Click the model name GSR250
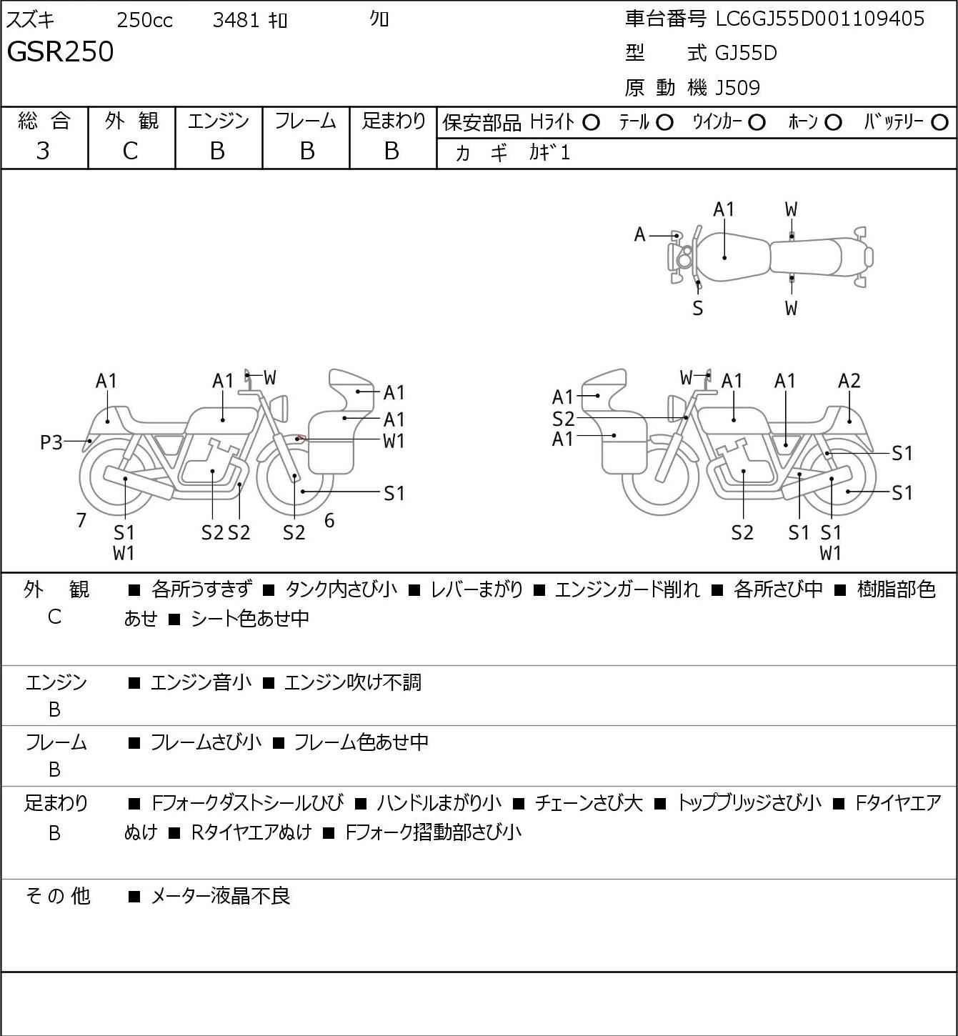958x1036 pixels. pyautogui.click(x=60, y=51)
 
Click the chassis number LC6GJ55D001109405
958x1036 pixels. pyautogui.click(x=819, y=19)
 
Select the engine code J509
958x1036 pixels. pyautogui.click(x=737, y=88)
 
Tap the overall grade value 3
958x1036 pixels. pyautogui.click(x=44, y=151)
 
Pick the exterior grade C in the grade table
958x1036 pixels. pyautogui.click(x=131, y=151)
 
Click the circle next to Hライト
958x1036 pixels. pyautogui.click(x=592, y=123)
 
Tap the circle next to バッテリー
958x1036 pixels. pyautogui.click(x=939, y=123)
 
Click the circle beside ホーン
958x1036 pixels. pyautogui.click(x=833, y=123)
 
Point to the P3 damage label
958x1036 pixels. pyautogui.click(x=51, y=442)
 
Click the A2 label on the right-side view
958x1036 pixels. pyautogui.click(x=849, y=381)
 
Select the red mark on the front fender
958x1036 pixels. pyautogui.click(x=301, y=437)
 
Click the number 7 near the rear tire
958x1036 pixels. pyautogui.click(x=81, y=520)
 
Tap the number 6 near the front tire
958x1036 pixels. pyautogui.click(x=329, y=520)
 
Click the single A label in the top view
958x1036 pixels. pyautogui.click(x=639, y=235)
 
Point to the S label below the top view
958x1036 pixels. pyautogui.click(x=698, y=308)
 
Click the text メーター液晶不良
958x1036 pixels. pyautogui.click(x=220, y=896)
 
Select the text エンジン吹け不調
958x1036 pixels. pyautogui.click(x=353, y=682)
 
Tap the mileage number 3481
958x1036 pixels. pyautogui.click(x=236, y=20)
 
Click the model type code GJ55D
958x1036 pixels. pyautogui.click(x=746, y=53)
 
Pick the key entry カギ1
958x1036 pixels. pyautogui.click(x=549, y=153)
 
